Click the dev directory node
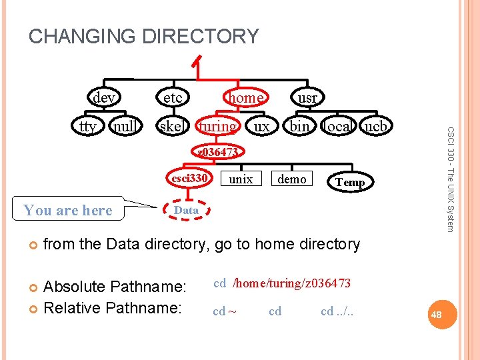pos(103,98)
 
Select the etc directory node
pos(173,98)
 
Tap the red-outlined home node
pos(245,98)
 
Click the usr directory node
pos(307,98)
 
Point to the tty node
pos(88,126)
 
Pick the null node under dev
pos(125,126)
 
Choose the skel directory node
pos(173,126)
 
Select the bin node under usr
pos(299,126)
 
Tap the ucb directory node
pos(376,126)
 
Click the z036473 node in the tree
pos(218,153)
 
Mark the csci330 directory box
pos(190,179)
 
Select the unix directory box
pos(241,179)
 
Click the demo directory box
pos(292,179)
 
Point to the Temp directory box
pos(349,182)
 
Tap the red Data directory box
pos(186,210)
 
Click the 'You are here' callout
pos(67,211)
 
